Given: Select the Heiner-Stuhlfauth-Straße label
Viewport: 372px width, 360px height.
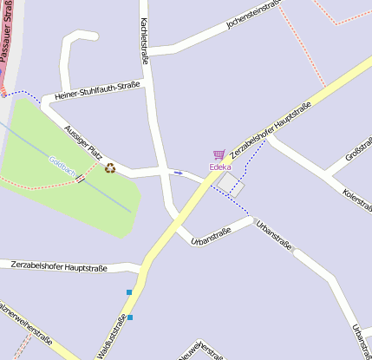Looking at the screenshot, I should (96, 90).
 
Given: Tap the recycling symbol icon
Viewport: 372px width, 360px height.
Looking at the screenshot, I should (110, 167).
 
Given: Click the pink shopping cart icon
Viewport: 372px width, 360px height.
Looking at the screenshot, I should (219, 155).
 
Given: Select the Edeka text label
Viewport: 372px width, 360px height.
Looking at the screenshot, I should (220, 167).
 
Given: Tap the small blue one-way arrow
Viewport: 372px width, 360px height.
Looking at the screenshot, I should (179, 173).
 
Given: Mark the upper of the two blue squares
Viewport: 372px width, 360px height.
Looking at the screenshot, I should (129, 292).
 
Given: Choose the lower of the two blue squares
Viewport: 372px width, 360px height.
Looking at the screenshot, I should (130, 317).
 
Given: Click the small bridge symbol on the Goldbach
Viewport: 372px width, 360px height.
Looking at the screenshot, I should (80, 179).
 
